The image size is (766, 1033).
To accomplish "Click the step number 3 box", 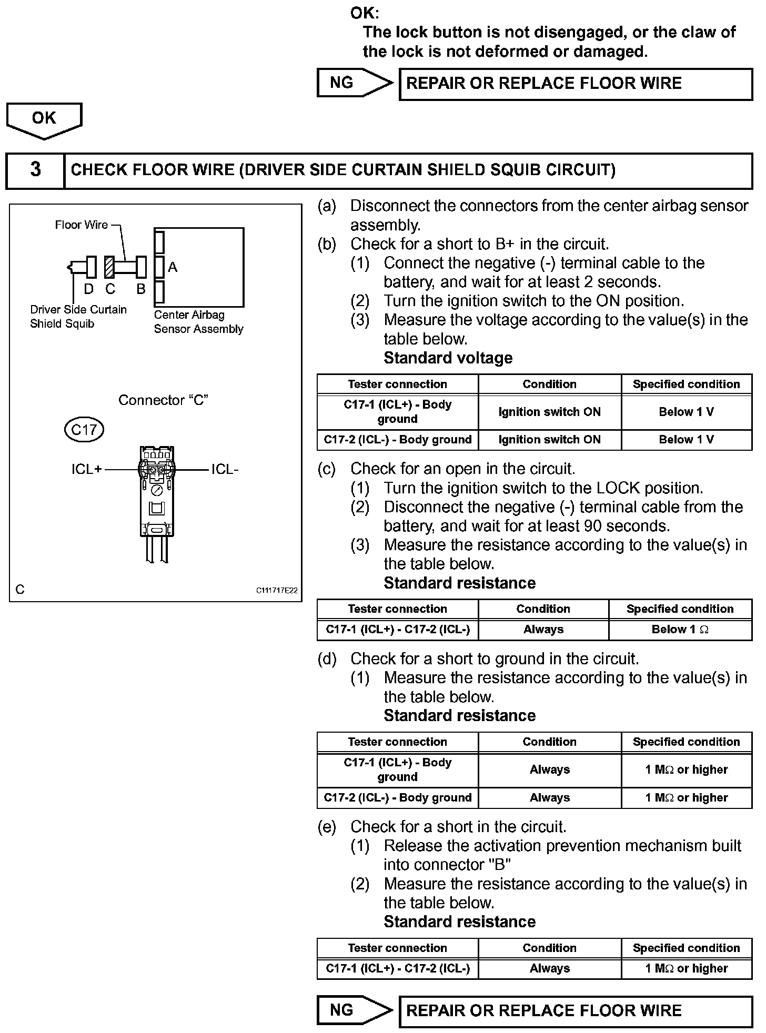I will (35, 170).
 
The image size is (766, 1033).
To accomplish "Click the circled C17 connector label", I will (84, 430).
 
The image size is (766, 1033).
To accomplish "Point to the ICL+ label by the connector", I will (87, 469).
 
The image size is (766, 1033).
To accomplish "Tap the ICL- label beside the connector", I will (225, 469).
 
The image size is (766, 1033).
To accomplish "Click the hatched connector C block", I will (109, 267).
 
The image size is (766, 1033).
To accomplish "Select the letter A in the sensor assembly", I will (173, 268).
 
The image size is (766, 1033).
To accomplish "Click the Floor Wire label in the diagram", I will (82, 225).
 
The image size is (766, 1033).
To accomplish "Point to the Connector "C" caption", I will (163, 400).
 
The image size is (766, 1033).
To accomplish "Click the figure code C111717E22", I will (277, 590).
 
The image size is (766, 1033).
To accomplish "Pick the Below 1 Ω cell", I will (680, 630).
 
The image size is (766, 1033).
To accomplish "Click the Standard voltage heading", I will (448, 358).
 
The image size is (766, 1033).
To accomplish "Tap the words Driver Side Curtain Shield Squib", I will (78, 317).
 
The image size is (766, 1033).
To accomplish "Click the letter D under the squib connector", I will (88, 289).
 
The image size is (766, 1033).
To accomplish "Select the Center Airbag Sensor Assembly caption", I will (198, 322).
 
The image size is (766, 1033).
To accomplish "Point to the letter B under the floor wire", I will (140, 289).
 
